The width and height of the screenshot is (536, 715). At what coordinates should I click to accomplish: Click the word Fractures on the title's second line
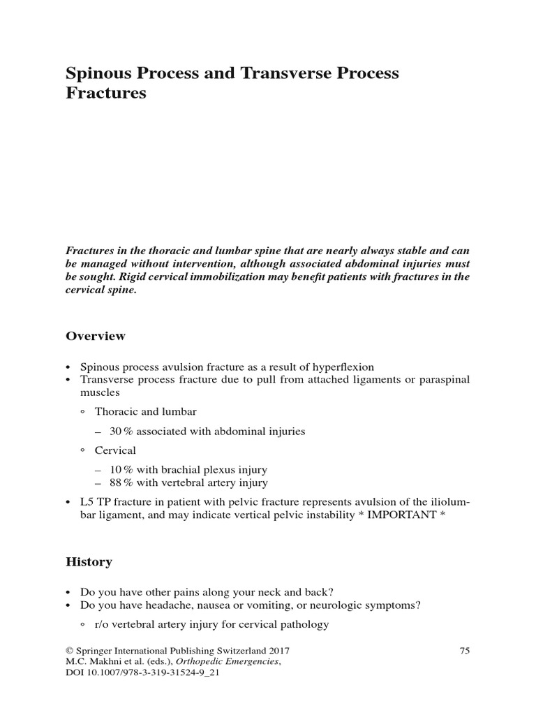click(106, 93)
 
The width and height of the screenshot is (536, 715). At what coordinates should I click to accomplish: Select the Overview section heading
click(96, 336)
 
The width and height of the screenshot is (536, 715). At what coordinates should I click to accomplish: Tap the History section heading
click(89, 561)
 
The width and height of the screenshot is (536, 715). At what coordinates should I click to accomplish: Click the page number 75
click(465, 650)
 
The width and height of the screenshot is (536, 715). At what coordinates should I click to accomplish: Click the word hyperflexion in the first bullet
click(341, 367)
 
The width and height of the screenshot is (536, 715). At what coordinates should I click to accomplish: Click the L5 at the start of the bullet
click(89, 501)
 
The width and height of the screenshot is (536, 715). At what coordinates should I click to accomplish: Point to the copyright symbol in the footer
click(69, 650)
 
